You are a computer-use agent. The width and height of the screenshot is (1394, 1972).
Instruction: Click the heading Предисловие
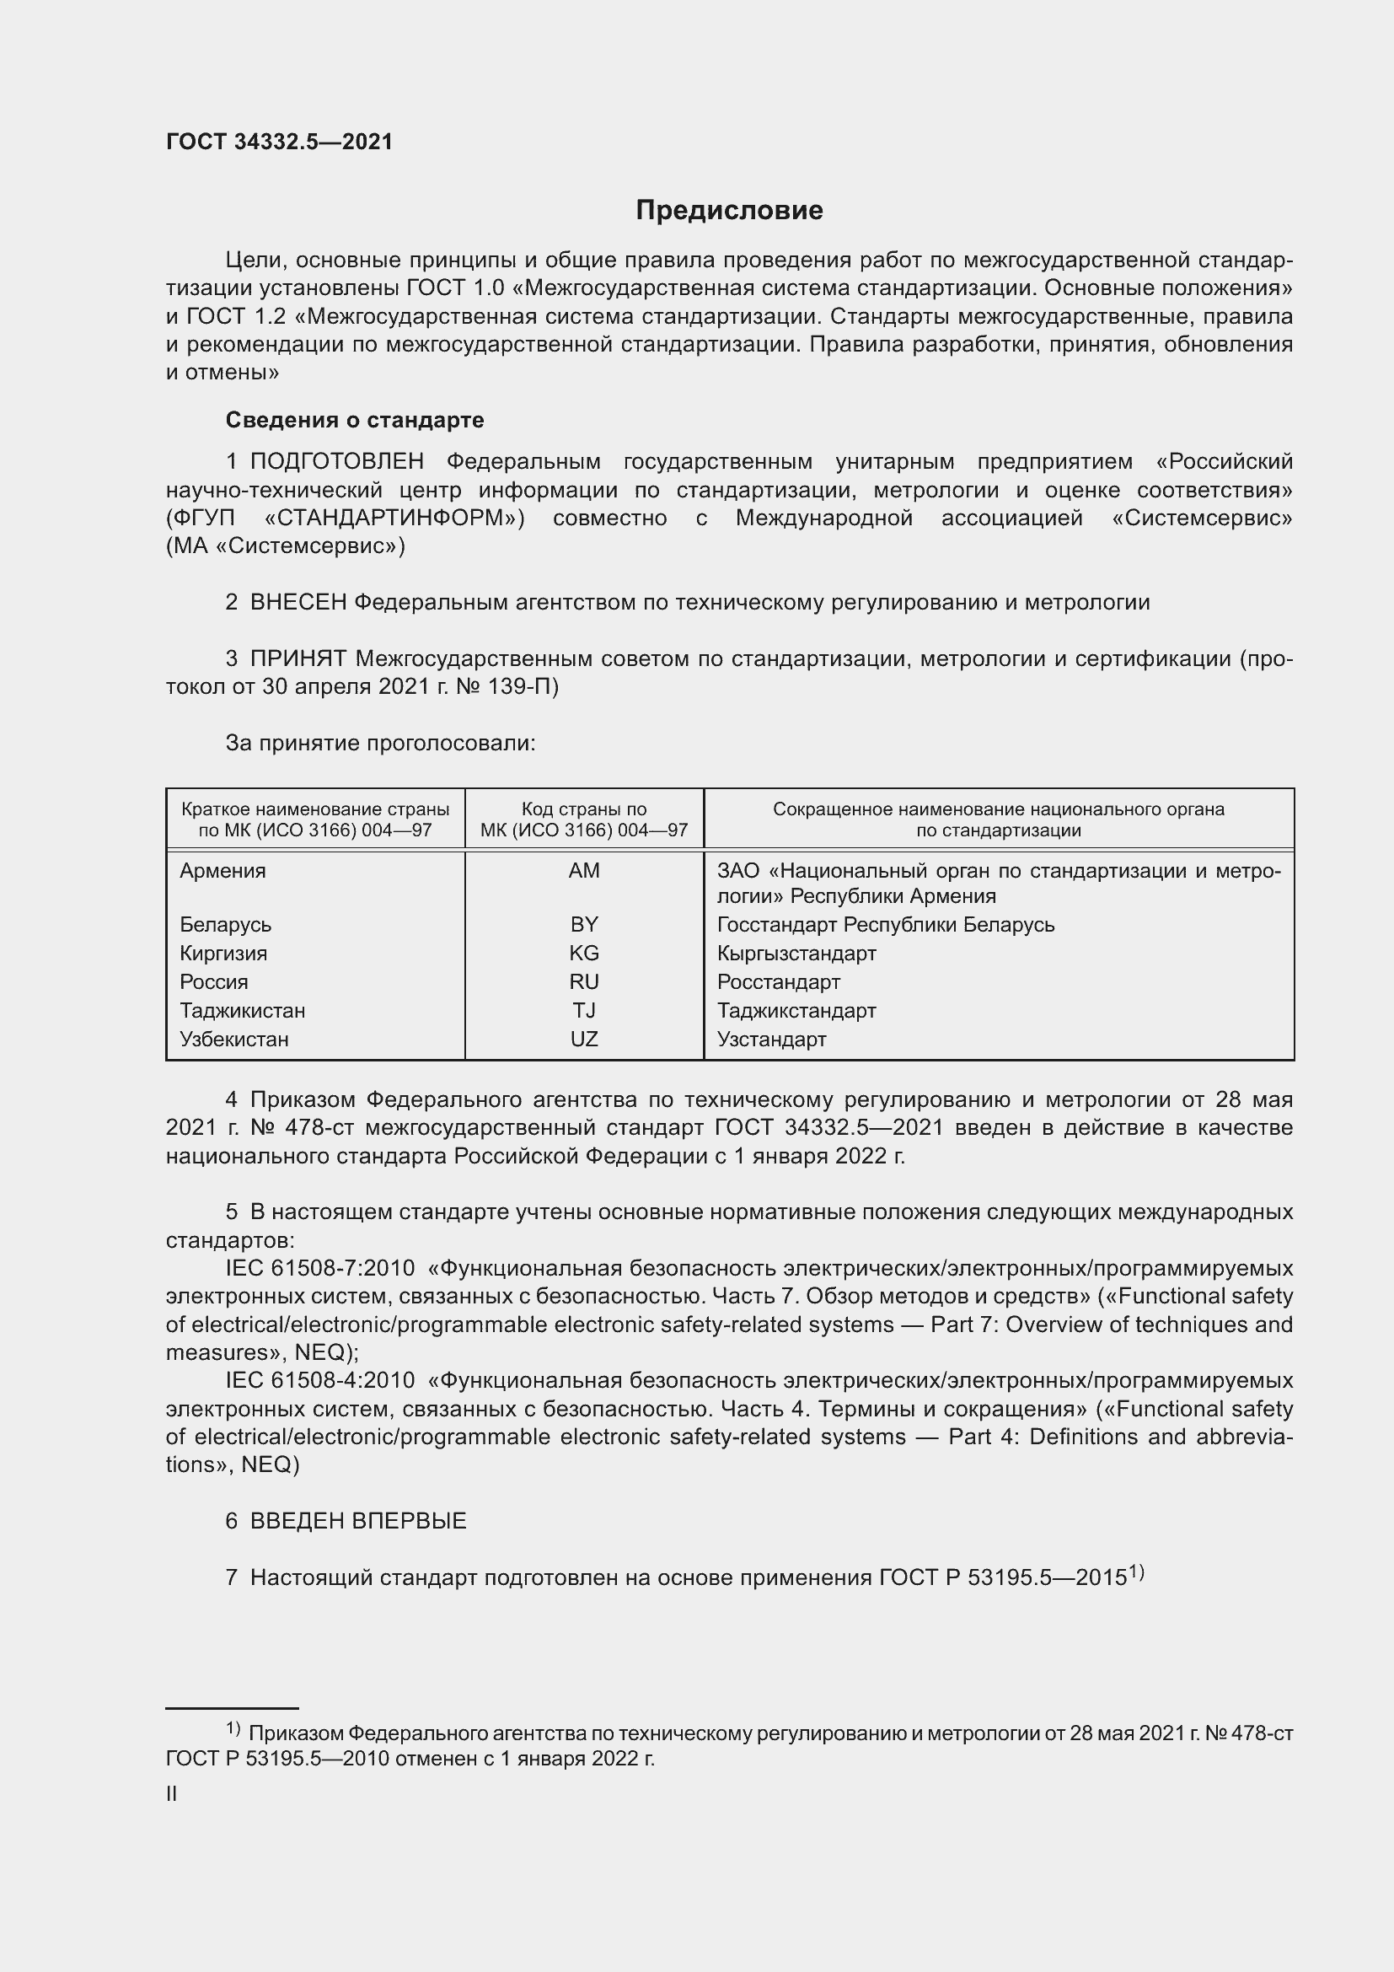[x=729, y=211]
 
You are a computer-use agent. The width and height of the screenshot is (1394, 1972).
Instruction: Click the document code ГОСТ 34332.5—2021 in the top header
[x=279, y=142]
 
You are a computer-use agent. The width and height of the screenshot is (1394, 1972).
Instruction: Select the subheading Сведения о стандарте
[x=355, y=420]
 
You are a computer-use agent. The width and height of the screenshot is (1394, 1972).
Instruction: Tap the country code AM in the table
[x=584, y=871]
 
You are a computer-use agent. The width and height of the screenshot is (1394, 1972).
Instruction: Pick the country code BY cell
[x=584, y=925]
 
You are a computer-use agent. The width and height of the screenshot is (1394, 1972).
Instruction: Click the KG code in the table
[x=584, y=954]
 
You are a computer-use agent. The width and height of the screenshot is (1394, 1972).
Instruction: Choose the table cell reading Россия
[x=214, y=981]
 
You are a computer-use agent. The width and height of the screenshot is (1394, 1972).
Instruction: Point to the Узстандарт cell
[x=771, y=1040]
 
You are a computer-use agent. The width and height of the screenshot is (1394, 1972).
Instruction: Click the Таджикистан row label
[x=242, y=1011]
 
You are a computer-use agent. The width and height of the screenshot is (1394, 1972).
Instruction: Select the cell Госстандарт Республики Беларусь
[x=885, y=925]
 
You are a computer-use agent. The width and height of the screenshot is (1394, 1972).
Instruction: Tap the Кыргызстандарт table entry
[x=796, y=954]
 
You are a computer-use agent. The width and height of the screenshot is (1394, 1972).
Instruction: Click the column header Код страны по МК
[x=584, y=819]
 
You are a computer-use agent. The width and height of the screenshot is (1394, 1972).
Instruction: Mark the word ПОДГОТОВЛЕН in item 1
[x=336, y=462]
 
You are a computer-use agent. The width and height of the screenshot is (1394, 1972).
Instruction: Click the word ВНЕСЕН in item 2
[x=298, y=603]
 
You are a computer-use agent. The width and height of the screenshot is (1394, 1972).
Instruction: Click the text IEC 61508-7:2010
[x=320, y=1269]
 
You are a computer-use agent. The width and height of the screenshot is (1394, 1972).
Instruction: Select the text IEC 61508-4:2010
[x=320, y=1381]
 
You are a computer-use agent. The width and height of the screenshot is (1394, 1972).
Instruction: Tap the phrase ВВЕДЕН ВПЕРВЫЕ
[x=358, y=1521]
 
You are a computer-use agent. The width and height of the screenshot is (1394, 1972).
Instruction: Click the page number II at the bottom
[x=172, y=1794]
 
